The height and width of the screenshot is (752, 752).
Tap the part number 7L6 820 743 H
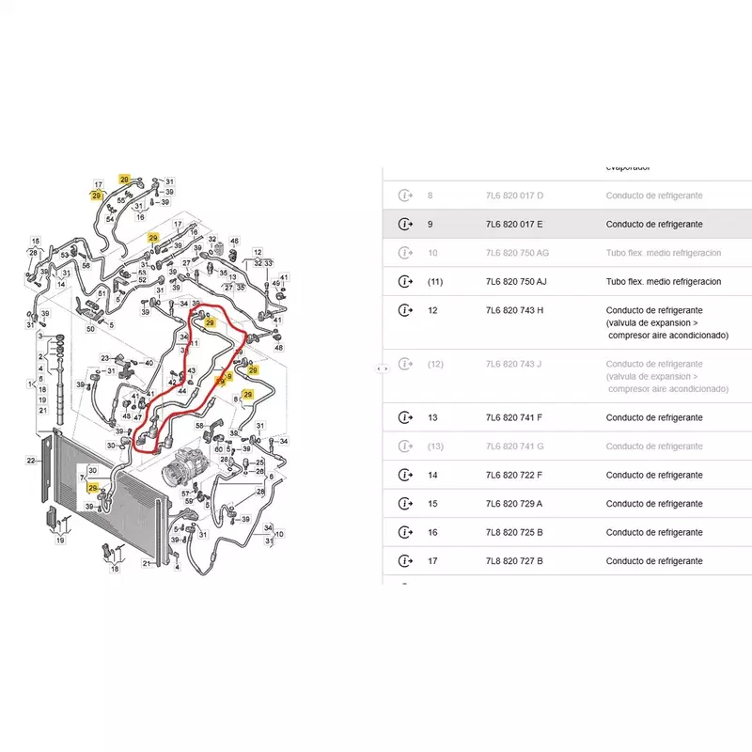point(514,310)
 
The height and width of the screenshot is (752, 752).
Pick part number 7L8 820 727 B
point(514,561)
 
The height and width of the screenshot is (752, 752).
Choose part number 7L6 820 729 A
point(513,504)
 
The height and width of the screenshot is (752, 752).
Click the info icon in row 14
point(404,475)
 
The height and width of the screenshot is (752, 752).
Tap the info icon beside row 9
point(404,224)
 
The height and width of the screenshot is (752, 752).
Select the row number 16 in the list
point(432,532)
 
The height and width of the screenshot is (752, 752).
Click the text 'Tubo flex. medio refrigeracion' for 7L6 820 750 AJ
point(663,281)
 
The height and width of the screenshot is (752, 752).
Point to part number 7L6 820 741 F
point(513,417)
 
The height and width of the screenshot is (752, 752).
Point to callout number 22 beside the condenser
point(31,461)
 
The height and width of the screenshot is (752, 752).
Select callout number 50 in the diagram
point(90,328)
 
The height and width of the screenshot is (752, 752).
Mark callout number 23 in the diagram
point(106,357)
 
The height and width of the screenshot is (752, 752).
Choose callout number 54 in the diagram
point(110,219)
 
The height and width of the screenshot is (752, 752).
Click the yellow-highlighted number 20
point(124,179)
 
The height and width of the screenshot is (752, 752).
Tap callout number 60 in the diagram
point(218,449)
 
